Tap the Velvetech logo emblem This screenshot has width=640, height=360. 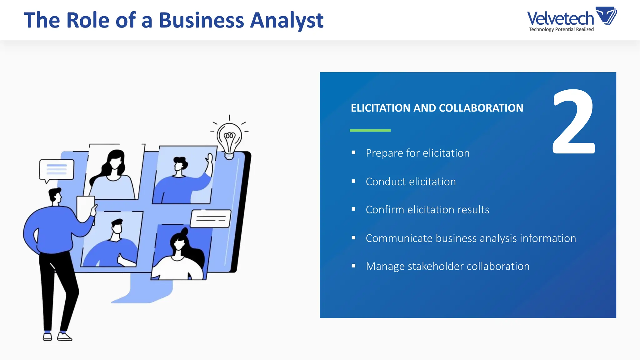606,16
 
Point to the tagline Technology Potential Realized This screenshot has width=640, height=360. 561,29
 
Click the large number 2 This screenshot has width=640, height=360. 573,122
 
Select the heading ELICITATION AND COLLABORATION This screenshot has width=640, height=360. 437,108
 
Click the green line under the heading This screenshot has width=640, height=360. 370,130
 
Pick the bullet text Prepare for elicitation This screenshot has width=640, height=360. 417,153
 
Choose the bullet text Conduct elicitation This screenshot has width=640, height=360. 411,182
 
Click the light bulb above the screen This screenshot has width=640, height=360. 230,139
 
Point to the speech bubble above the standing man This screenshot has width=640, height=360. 57,170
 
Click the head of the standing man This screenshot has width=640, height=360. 55,196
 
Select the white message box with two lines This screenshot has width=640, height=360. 211,218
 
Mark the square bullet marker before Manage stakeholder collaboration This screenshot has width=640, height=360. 353,266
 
